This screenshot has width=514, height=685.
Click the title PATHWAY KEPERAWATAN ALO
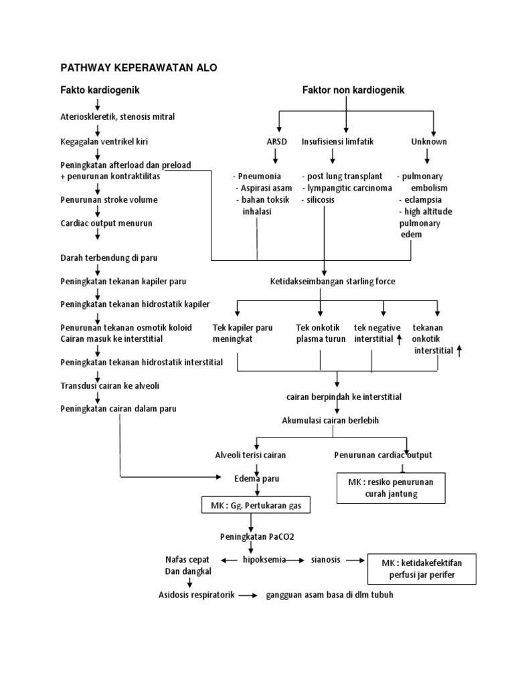click(x=139, y=68)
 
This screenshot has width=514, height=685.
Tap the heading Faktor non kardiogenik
click(x=353, y=90)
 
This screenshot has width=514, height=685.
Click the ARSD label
click(x=276, y=142)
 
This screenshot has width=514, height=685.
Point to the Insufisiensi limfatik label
click(x=337, y=142)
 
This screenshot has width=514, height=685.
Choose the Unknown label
click(x=429, y=142)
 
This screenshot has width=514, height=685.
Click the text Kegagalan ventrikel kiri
click(x=104, y=142)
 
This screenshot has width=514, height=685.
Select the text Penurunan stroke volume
click(x=109, y=199)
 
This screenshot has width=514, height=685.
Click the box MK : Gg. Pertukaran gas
click(x=256, y=506)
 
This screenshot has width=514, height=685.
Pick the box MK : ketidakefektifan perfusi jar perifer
click(x=422, y=569)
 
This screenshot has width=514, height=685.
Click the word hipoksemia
click(x=264, y=559)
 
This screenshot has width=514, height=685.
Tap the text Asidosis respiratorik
click(x=196, y=595)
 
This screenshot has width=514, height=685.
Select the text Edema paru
click(x=257, y=478)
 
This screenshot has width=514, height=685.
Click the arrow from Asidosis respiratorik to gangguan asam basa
click(x=248, y=595)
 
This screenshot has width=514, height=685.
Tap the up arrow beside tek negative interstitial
click(x=400, y=339)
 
